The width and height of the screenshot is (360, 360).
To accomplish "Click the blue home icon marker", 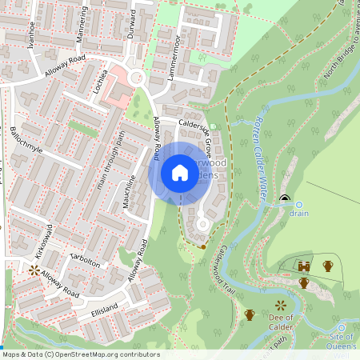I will click(x=180, y=173).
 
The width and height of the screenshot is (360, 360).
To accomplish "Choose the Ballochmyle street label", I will click(x=26, y=141).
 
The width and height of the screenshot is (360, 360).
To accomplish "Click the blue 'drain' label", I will click(x=298, y=214).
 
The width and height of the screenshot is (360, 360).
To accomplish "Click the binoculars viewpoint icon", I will click(x=304, y=266).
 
